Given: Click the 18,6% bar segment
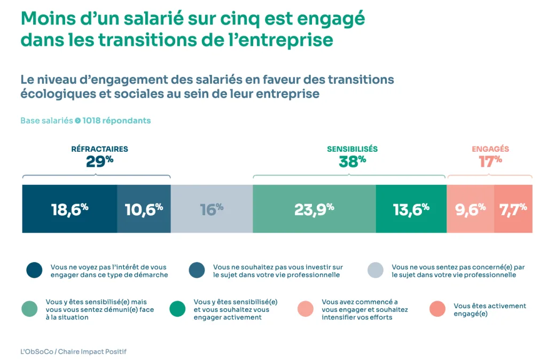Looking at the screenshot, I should tap(69, 209).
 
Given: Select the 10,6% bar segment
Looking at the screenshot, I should tap(144, 209).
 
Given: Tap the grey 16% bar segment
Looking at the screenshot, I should tap(212, 209).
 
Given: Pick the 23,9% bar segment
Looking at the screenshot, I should tap(314, 209).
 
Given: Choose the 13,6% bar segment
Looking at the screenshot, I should tap(411, 209).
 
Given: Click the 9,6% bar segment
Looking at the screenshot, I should tap(470, 209).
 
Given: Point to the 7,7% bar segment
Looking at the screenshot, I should tap(513, 209).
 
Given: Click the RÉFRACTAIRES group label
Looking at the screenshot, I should tap(99, 149).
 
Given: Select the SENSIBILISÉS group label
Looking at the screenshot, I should tap(352, 149).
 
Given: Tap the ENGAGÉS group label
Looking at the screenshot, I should tap(490, 149).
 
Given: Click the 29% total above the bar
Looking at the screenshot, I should tap(99, 161).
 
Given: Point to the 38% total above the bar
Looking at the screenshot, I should tap(352, 161).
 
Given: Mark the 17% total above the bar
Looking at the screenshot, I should tap(490, 161).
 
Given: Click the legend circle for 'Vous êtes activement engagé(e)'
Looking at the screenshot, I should tap(437, 309).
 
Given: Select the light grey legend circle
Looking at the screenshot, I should tap(376, 271).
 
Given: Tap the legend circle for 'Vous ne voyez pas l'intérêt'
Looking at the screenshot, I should tap(34, 271).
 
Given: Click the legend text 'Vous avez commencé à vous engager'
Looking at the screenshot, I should tap(365, 309).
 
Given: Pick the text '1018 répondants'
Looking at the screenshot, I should tap(116, 121).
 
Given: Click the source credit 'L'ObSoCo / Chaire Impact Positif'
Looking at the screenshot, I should tap(73, 351).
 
